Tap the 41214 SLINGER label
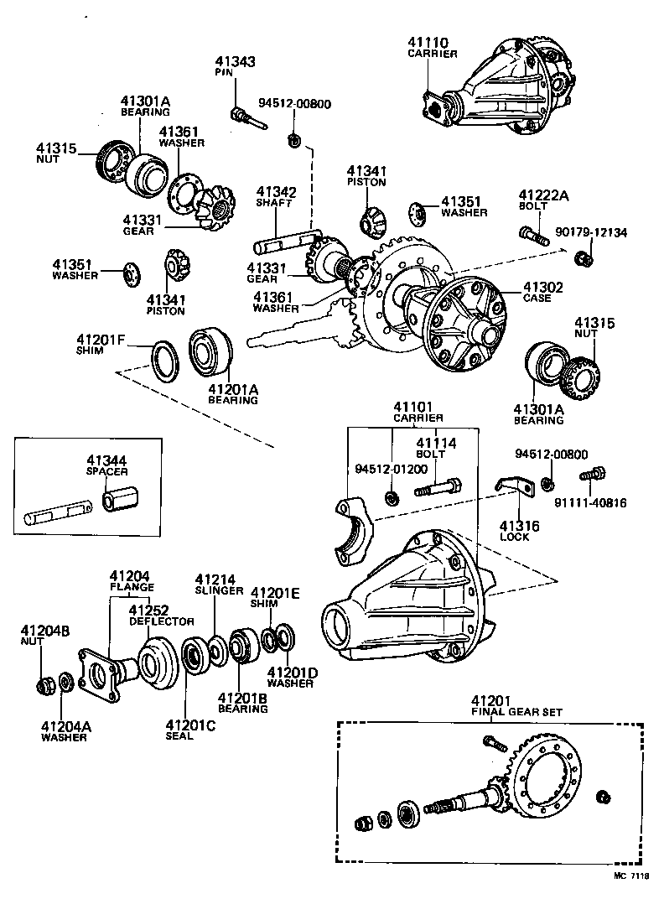(215, 585)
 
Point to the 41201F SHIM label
(101, 345)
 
